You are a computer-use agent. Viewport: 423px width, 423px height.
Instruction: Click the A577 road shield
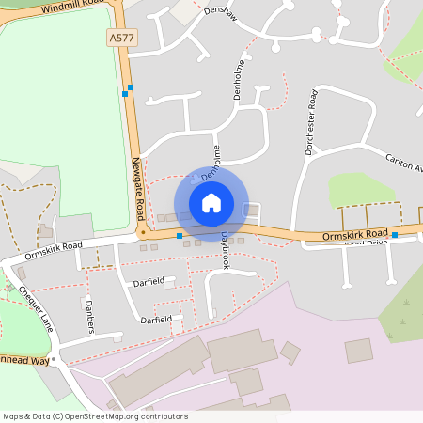point(121,37)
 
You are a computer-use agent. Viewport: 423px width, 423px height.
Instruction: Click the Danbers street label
point(90,317)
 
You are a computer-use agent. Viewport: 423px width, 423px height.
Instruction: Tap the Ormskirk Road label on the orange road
point(354,234)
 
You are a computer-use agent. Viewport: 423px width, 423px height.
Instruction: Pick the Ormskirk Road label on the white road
point(54,250)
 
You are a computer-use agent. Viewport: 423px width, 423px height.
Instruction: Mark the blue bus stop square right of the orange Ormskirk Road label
point(395,235)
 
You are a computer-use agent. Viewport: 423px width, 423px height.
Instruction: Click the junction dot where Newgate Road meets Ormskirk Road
point(143,231)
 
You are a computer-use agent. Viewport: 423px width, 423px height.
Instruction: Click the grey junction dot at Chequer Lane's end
point(55,359)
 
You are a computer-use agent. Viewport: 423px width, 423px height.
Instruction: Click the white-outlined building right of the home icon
point(251,210)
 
